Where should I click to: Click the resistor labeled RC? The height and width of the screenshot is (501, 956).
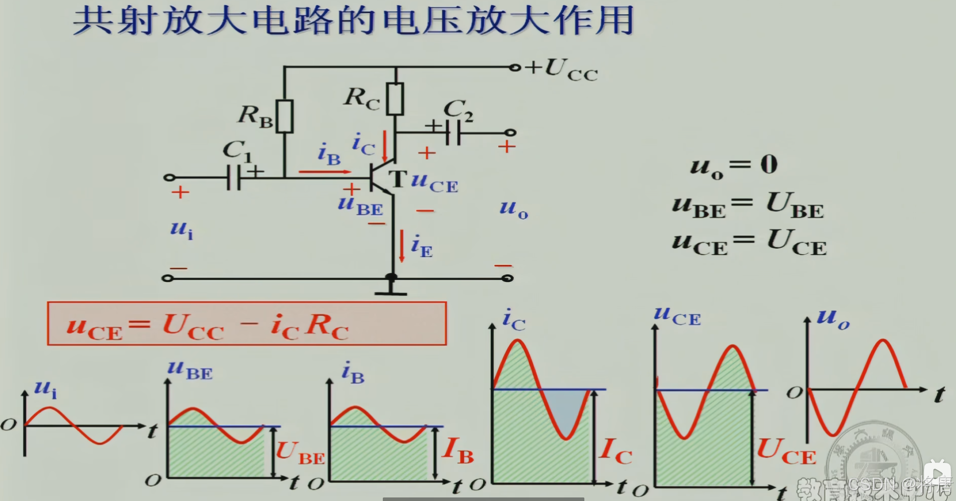[x=395, y=99]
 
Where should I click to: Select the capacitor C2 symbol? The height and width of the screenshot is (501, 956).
[x=453, y=133]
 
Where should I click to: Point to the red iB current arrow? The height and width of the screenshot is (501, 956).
[x=325, y=172]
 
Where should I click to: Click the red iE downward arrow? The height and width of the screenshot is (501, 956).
[x=402, y=247]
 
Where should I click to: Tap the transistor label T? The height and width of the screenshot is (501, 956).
[x=398, y=179]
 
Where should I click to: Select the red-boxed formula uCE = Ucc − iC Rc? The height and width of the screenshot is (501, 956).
[x=247, y=324]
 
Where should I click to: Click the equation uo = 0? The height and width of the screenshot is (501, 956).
[x=734, y=165]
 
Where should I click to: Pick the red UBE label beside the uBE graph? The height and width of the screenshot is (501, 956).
[x=300, y=453]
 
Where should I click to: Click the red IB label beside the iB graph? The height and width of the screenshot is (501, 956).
[x=458, y=450]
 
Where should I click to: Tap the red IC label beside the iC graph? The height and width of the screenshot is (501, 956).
[x=615, y=451]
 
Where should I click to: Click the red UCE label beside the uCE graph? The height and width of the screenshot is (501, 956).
[x=786, y=451]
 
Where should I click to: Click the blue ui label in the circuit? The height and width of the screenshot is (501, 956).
[x=181, y=229]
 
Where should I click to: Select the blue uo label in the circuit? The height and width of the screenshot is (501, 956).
[x=513, y=208]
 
